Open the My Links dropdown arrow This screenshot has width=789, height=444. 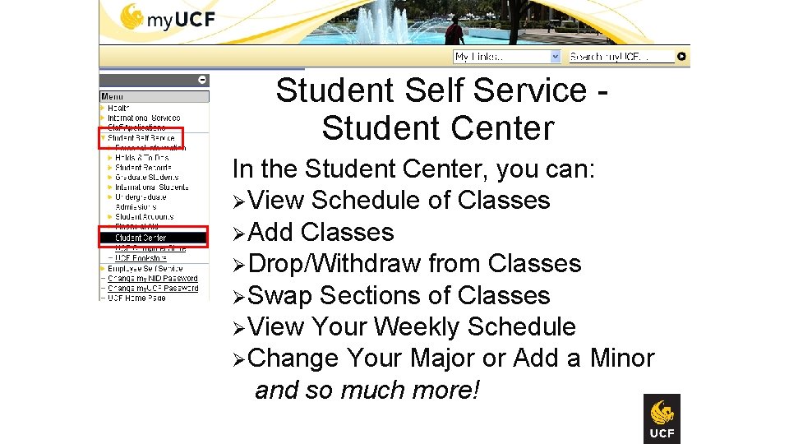coord(555,57)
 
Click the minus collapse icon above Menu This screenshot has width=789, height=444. coord(202,80)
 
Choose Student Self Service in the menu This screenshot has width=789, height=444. coord(141,138)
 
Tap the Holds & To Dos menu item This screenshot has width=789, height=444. coord(141,158)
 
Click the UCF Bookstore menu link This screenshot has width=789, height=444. coord(141,258)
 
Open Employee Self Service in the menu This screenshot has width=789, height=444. coord(145,269)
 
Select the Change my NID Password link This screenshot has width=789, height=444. coord(153,279)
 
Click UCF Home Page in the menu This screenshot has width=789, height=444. coord(136,298)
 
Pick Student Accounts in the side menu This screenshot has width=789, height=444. coord(144,217)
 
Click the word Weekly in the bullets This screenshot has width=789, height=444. coord(417,327)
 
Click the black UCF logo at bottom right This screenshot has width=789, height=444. coord(662,419)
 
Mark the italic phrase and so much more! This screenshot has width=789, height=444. coord(367,390)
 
